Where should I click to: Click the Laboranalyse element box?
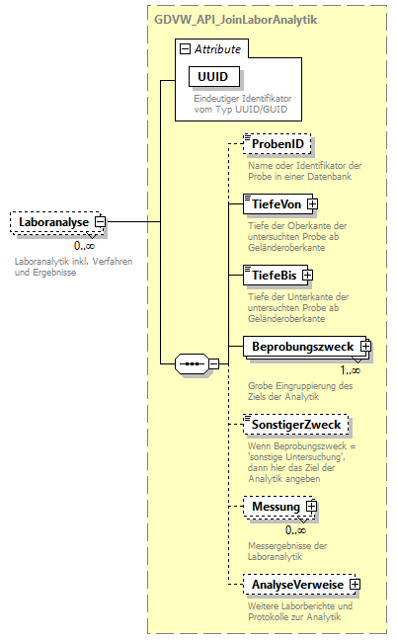click(x=54, y=223)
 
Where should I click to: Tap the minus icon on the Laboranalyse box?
click(x=100, y=223)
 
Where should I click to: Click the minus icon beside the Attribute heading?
click(x=184, y=47)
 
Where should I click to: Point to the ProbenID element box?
click(x=278, y=145)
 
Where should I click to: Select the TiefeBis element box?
click(x=273, y=274)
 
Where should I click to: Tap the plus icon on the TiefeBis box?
click(x=307, y=274)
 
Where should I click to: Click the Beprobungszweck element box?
click(x=301, y=347)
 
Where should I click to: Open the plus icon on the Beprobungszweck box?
click(x=364, y=347)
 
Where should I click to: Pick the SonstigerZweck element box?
click(x=295, y=425)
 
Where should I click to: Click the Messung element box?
click(x=276, y=507)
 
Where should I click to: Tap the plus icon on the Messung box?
click(x=311, y=507)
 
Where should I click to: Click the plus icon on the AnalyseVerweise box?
click(x=354, y=585)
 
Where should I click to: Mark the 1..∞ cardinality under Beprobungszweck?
click(x=351, y=369)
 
